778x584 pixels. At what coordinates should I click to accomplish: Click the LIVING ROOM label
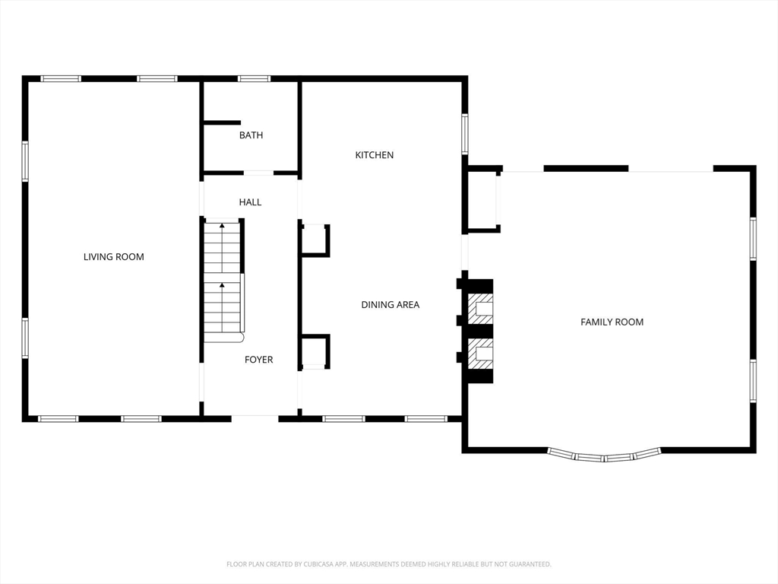114,257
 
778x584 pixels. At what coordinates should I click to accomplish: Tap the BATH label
251,135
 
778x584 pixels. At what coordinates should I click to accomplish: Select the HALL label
250,202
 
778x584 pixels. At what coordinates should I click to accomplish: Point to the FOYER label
258,360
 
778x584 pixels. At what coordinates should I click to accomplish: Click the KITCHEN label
375,155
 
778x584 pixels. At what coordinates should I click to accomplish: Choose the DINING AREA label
391,305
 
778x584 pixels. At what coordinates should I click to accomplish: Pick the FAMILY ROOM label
612,322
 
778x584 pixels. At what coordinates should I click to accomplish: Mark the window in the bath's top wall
254,78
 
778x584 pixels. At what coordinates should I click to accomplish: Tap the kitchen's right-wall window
465,134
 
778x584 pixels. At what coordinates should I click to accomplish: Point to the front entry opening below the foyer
255,419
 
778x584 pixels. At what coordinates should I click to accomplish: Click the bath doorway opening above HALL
258,173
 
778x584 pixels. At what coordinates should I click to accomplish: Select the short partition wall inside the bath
222,122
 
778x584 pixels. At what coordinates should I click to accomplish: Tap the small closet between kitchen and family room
482,200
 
